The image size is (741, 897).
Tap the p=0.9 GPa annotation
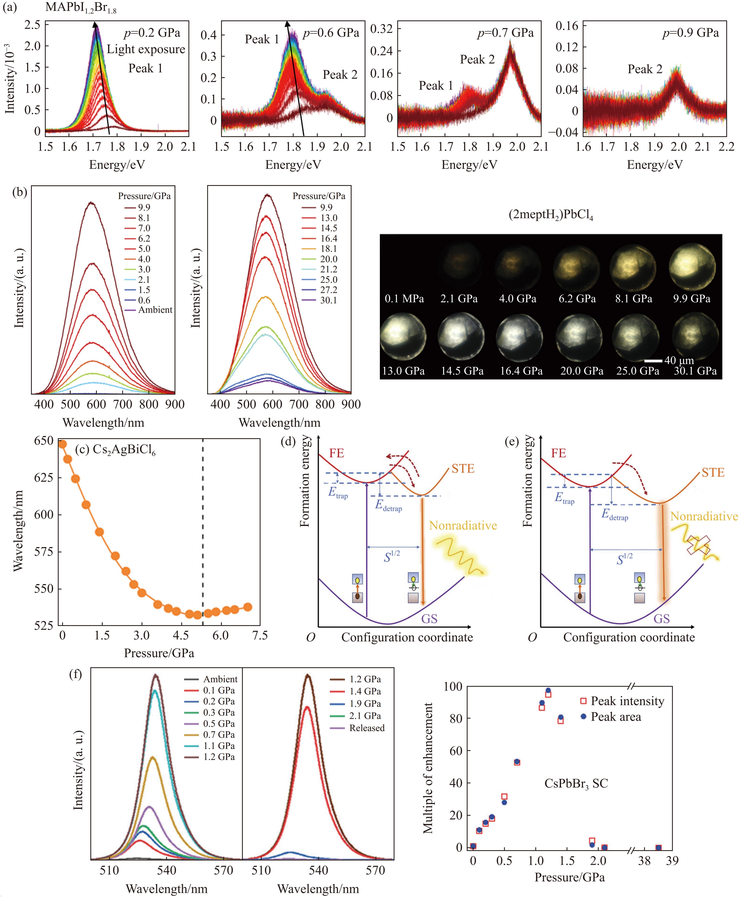tap(690, 33)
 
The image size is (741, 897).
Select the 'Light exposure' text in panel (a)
tap(145, 50)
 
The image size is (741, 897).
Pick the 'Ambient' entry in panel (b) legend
tap(155, 310)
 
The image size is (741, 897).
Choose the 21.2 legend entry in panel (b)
tap(328, 269)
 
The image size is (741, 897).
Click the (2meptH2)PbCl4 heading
tap(551, 214)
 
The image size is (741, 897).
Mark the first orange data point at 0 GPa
tap(62, 444)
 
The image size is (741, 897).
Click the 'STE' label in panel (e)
tap(713, 473)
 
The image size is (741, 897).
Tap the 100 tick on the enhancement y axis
tap(453, 687)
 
